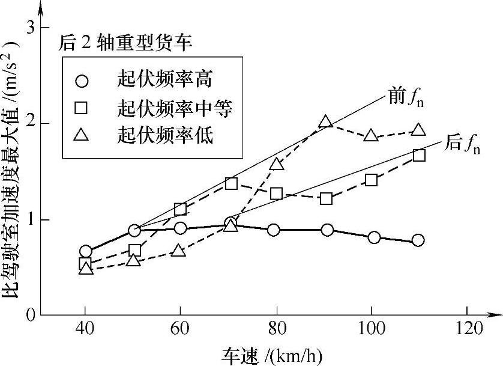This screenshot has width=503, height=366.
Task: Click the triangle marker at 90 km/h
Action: [x=325, y=122]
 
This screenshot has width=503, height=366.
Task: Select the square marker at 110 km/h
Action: [x=419, y=155]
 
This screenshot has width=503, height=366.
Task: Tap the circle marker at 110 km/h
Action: [x=418, y=240]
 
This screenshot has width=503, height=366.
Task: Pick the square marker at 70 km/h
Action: [x=231, y=183]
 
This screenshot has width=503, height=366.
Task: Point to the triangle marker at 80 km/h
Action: [x=276, y=164]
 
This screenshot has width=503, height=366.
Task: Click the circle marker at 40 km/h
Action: [x=85, y=251]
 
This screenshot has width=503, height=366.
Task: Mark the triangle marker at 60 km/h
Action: [x=178, y=251]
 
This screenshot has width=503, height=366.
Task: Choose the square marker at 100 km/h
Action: [x=371, y=180]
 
